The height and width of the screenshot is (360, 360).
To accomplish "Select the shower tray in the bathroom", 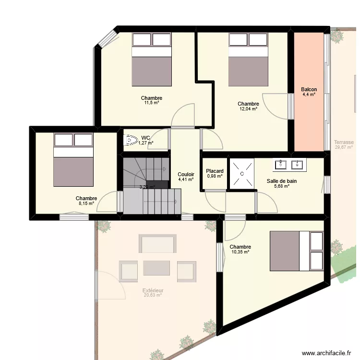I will (242, 173).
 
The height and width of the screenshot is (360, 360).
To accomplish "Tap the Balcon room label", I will (309, 89).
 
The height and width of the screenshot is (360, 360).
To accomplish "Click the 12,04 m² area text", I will (248, 109).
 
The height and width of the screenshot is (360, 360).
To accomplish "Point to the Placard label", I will (215, 171).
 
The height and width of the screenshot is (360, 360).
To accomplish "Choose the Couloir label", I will (186, 174).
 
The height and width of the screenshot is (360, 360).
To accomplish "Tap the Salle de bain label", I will (282, 181).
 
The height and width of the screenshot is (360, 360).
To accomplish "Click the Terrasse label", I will (344, 143).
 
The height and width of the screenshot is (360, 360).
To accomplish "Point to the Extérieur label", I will (153, 290).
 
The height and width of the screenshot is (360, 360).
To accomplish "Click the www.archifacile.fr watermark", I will (326, 352).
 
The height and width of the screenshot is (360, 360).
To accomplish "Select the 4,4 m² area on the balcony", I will (309, 95).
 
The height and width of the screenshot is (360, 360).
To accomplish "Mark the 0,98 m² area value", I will (215, 176).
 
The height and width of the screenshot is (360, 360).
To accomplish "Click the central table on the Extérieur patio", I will (157, 268).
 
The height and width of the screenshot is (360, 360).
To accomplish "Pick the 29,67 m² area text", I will (344, 148).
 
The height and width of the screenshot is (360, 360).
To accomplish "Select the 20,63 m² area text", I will (153, 296).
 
